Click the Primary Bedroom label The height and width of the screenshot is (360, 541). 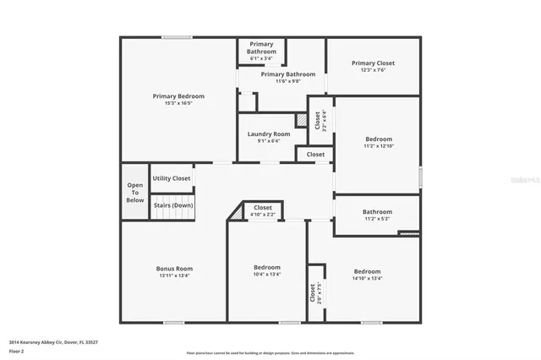pos(178,96)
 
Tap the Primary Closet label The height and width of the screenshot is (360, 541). pos(373,63)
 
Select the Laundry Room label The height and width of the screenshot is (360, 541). pos(269,134)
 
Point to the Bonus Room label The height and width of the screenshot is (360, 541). pos(174,269)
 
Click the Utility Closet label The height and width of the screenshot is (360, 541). pos(172,178)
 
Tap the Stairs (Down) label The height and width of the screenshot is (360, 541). pos(172,205)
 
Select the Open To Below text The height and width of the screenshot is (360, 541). pos(135,193)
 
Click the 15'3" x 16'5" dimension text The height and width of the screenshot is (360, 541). pos(178,104)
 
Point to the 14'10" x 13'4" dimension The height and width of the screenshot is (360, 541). pos(367,278)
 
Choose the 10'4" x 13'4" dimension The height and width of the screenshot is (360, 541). pos(267,274)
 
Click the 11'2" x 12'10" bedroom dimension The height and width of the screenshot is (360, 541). pos(379,146)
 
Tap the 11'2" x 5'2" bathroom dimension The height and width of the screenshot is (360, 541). pos(377,219)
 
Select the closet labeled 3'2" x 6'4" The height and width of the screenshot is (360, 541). pos(320,119)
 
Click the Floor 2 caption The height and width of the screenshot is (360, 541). pos(16,351)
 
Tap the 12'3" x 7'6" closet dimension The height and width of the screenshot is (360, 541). pos(373,71)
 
